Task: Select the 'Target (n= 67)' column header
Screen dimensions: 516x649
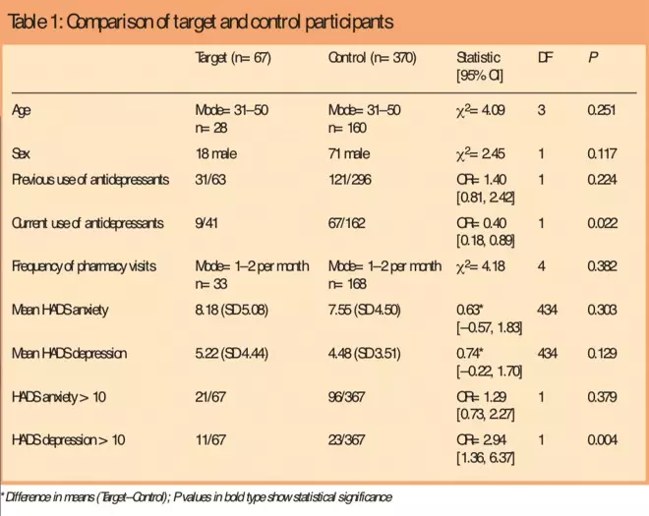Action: tap(233, 58)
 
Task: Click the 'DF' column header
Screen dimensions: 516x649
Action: tap(545, 58)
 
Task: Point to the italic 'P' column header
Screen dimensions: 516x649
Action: tap(593, 58)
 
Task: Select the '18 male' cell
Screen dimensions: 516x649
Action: tap(217, 153)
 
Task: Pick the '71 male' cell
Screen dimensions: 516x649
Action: tap(350, 153)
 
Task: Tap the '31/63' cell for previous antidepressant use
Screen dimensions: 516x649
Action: tap(210, 180)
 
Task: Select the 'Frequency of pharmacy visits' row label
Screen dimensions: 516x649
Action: tap(86, 266)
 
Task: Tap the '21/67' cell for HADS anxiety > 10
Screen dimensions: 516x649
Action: tap(210, 397)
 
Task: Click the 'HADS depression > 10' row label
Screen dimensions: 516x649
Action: tap(69, 440)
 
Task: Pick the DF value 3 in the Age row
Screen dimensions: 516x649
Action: tap(541, 110)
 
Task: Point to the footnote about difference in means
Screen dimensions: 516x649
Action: tap(197, 498)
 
